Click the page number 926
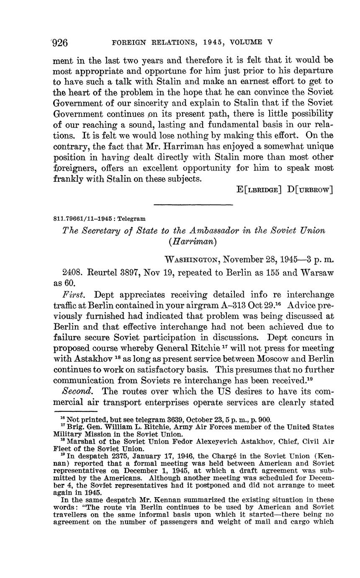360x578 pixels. point(60,43)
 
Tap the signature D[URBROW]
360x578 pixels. point(310,190)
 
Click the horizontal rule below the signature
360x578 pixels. point(193,205)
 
